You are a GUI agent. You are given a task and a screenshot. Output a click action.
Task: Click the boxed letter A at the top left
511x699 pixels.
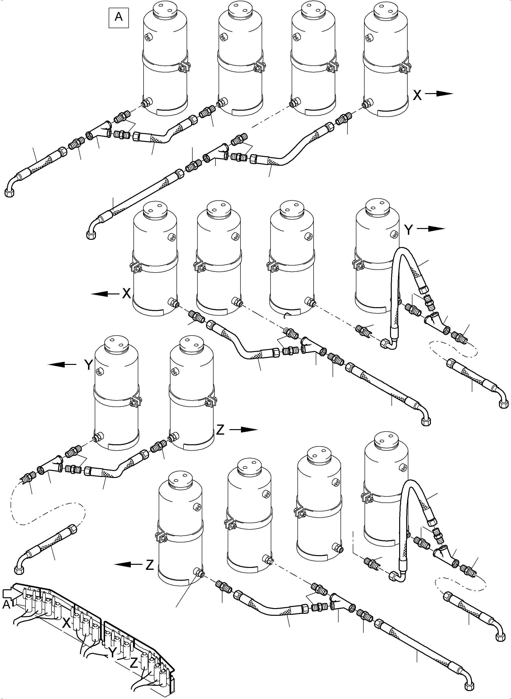(x=119, y=17)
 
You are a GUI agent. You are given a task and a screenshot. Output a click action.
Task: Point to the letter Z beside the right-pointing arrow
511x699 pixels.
(x=220, y=430)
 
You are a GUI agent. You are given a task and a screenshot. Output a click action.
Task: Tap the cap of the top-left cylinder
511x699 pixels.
(x=165, y=10)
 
